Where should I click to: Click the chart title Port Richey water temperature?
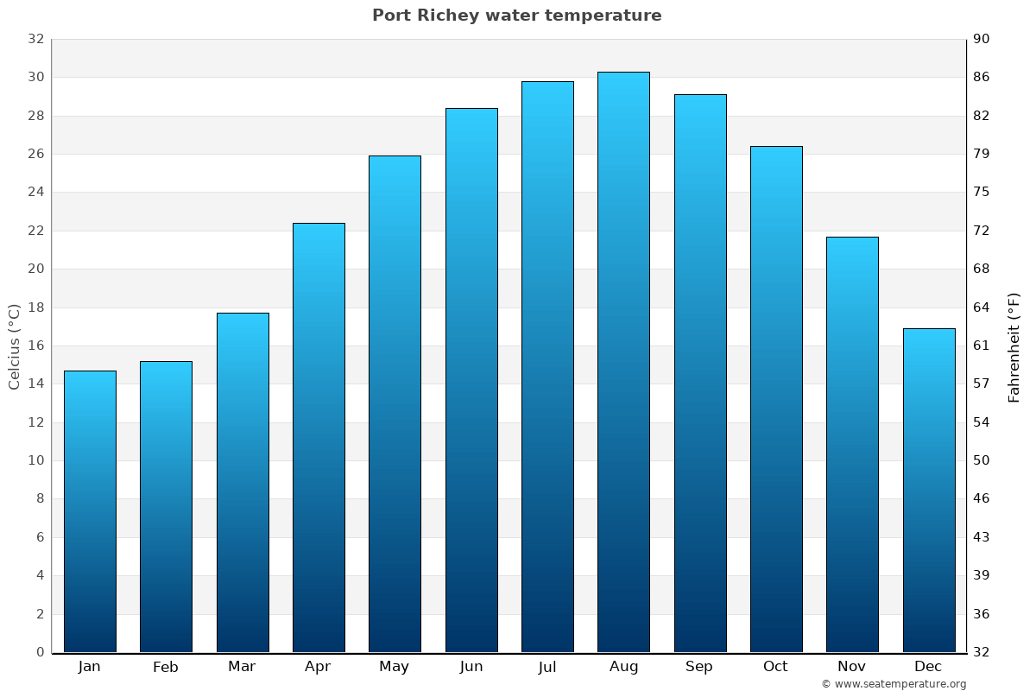click(516, 16)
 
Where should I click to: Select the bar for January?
click(90, 511)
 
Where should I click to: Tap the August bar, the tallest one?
click(623, 362)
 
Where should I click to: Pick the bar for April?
click(319, 437)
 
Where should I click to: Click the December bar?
click(929, 490)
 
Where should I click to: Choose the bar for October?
click(776, 399)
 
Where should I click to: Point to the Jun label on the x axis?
click(471, 667)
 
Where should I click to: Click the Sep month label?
click(699, 667)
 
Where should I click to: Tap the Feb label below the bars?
click(166, 667)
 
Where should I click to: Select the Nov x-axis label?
click(852, 667)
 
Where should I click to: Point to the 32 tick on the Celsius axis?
click(35, 39)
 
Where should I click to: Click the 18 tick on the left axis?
click(35, 307)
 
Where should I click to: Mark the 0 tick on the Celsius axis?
click(40, 652)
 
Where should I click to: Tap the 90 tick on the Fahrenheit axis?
click(982, 39)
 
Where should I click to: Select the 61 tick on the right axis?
click(982, 345)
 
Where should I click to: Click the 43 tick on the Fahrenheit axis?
click(982, 537)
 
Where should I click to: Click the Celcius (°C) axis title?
click(14, 345)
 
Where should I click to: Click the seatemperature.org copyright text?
click(893, 684)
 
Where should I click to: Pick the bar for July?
click(547, 367)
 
